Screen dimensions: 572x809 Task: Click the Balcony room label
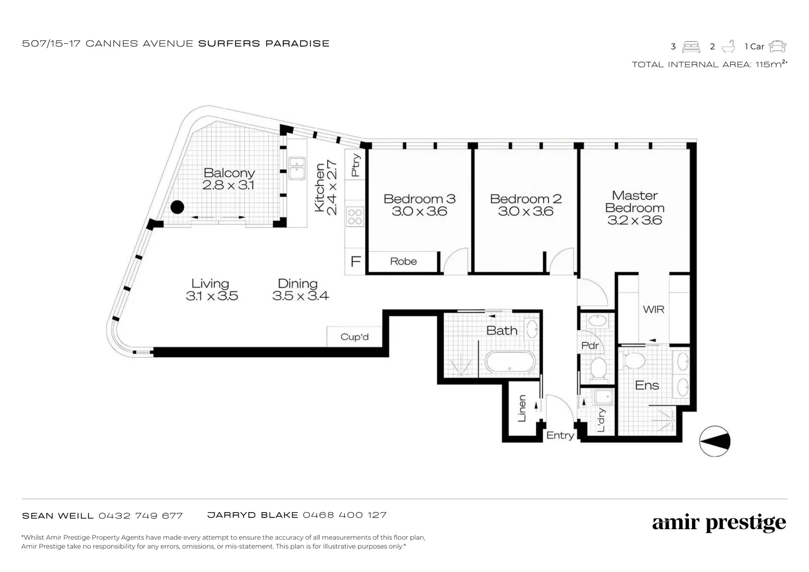click(229, 173)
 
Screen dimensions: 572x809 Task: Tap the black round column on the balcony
click(177, 207)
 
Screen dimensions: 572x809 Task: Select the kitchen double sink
click(296, 168)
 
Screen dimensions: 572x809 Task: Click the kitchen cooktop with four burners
click(355, 217)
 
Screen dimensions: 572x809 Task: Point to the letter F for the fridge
click(356, 262)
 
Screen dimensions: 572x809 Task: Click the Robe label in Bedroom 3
click(403, 262)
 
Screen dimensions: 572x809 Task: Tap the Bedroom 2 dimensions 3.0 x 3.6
click(526, 212)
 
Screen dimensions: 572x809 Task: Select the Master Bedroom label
click(635, 202)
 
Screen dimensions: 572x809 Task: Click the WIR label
click(653, 309)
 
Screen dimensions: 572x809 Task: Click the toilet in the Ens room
click(633, 360)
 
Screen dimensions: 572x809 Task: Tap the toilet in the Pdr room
click(598, 368)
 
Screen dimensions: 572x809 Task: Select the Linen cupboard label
click(522, 408)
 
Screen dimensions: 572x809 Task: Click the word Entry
click(560, 435)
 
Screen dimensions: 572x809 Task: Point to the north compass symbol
click(715, 441)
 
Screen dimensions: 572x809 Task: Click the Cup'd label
click(354, 337)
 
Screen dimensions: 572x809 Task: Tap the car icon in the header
click(777, 47)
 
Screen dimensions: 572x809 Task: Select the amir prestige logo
click(719, 523)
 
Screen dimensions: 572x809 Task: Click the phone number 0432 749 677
click(141, 515)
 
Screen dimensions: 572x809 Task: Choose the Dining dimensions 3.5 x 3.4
click(301, 296)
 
